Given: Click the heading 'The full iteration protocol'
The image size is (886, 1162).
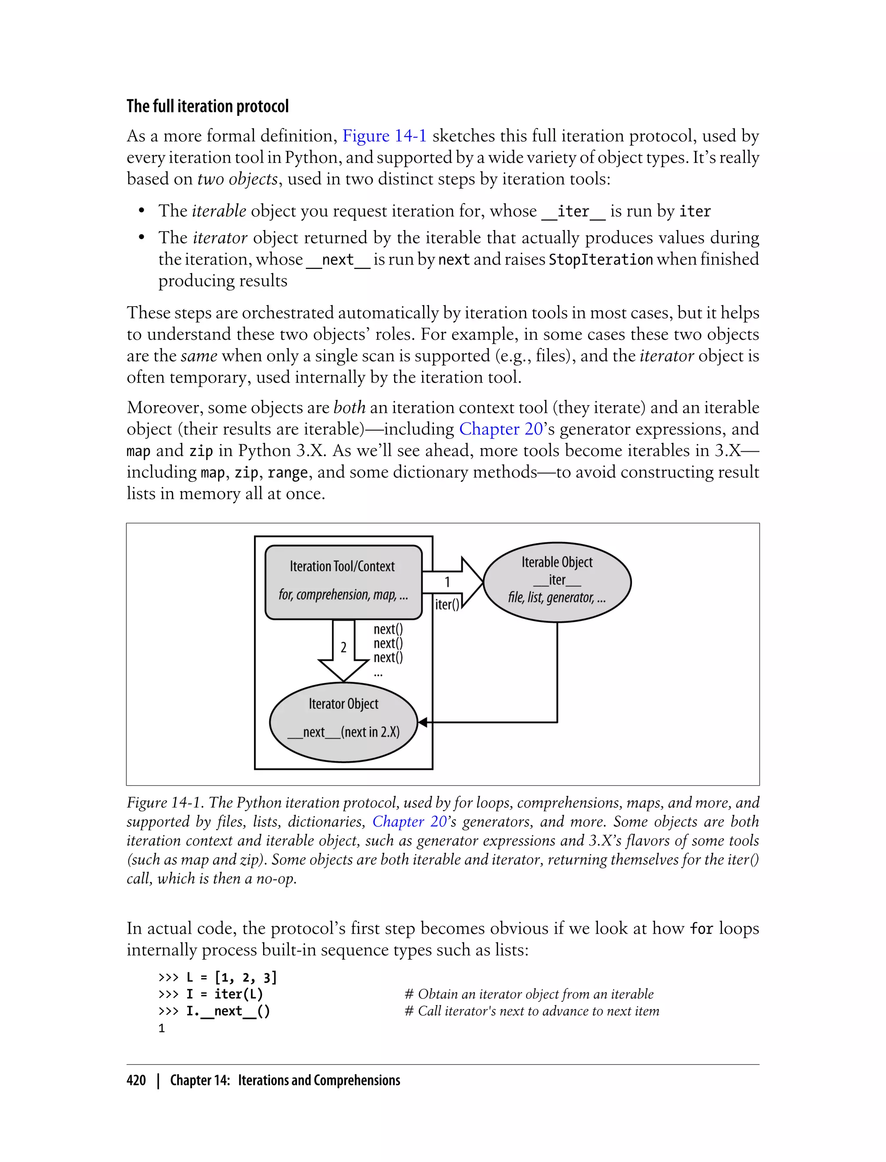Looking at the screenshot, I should pyautogui.click(x=207, y=106).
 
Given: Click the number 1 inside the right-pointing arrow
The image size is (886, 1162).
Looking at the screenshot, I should pyautogui.click(x=447, y=582).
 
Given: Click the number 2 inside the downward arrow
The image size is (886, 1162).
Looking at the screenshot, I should pyautogui.click(x=343, y=647).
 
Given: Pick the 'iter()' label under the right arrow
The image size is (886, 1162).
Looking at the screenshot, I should pyautogui.click(x=447, y=604).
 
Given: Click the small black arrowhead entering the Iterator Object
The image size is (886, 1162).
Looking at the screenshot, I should pyautogui.click(x=422, y=722).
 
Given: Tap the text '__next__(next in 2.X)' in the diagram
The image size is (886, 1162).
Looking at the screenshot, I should pyautogui.click(x=343, y=732).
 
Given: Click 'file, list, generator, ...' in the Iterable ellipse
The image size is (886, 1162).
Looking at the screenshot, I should pyautogui.click(x=557, y=597).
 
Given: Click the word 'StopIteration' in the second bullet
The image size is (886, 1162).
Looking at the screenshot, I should pyautogui.click(x=600, y=259).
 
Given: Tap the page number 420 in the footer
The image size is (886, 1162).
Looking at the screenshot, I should pyautogui.click(x=136, y=1080).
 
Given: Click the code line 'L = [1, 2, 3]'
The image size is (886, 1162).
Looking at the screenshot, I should pyautogui.click(x=231, y=977).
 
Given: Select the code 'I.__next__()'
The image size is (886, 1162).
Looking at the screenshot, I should pyautogui.click(x=228, y=1011).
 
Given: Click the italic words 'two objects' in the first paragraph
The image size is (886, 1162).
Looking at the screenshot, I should pyautogui.click(x=238, y=179).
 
